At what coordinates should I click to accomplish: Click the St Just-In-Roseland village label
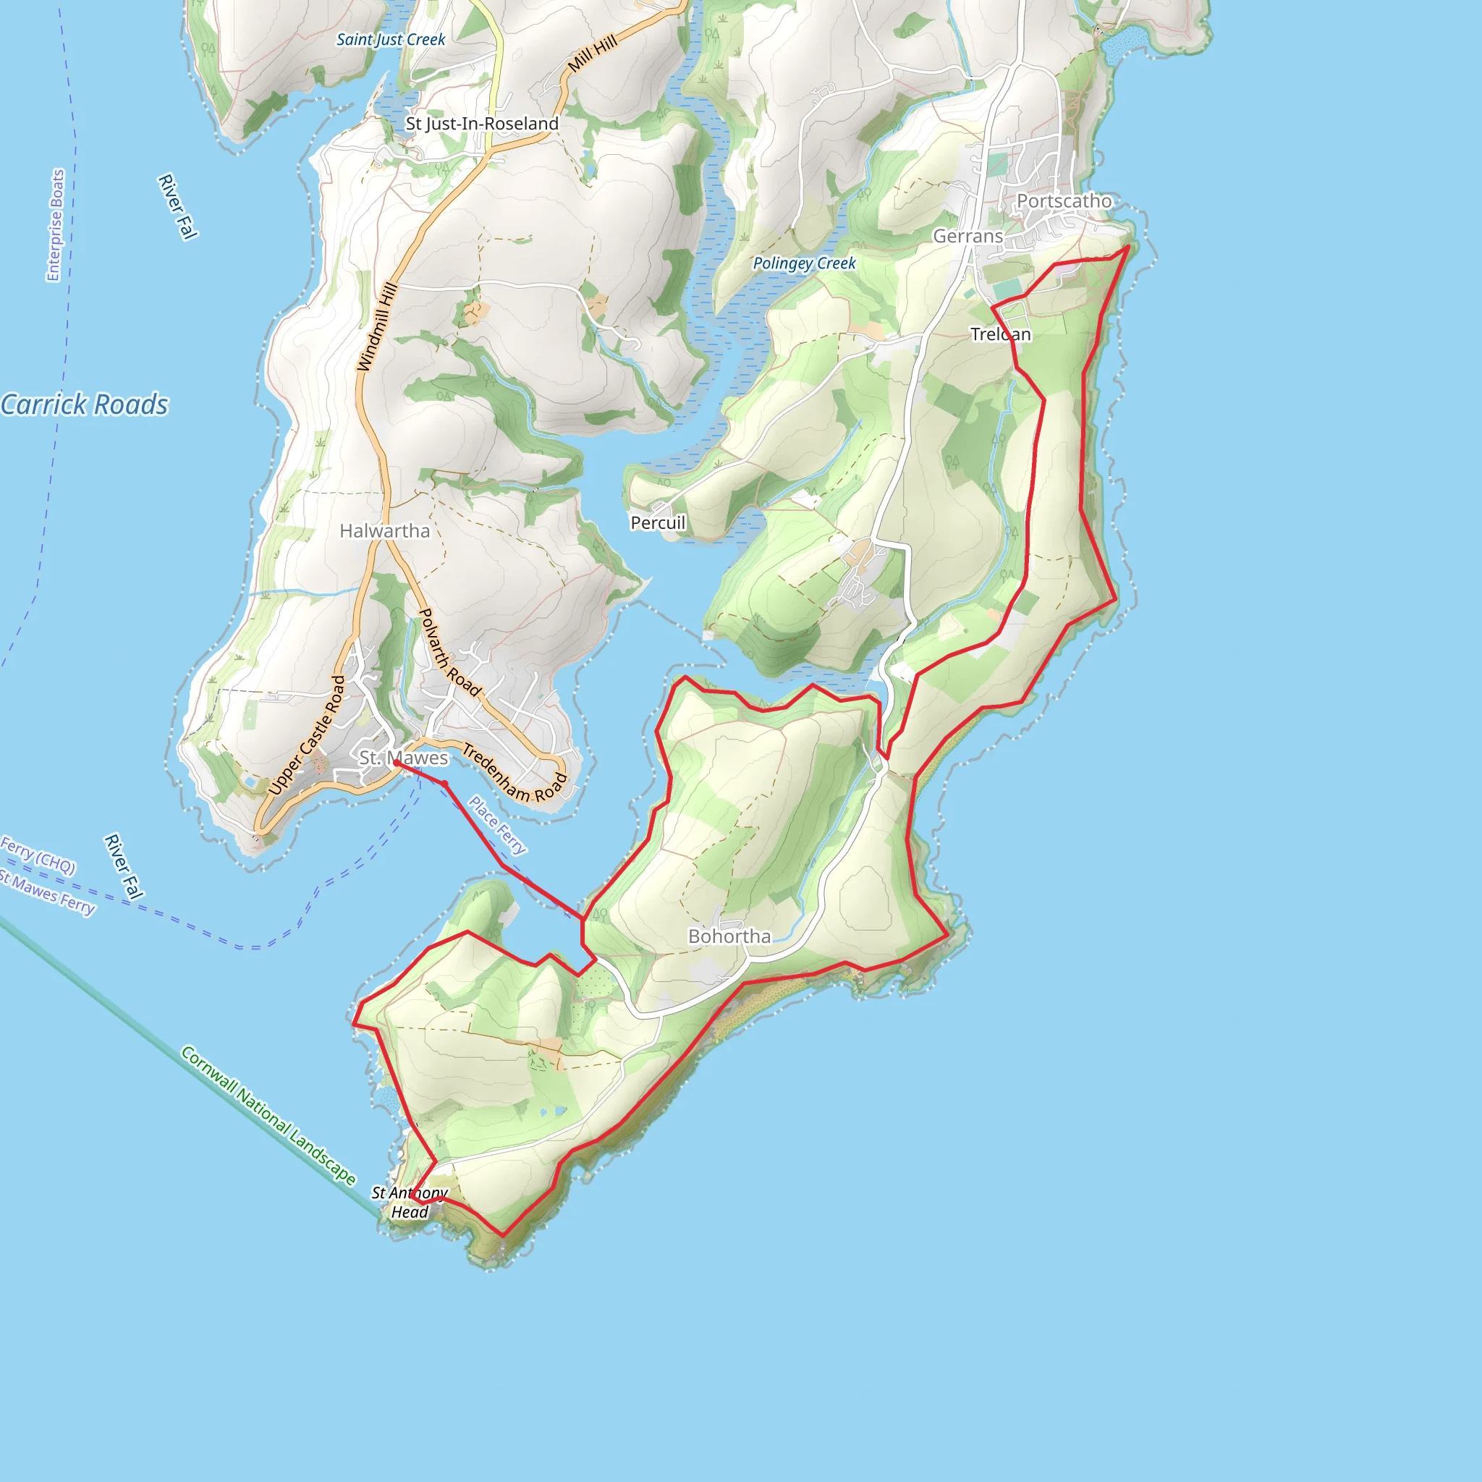[x=482, y=124]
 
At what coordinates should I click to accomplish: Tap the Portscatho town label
[x=1064, y=201]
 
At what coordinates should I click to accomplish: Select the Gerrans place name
[x=967, y=236]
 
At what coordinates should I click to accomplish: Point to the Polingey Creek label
[x=804, y=263]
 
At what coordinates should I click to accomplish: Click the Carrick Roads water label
[x=85, y=405]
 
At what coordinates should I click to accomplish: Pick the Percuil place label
[x=657, y=522]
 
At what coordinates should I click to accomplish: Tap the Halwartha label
[x=384, y=531]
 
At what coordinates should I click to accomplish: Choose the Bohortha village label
[x=729, y=936]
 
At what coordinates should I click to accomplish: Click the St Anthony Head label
[x=410, y=1202]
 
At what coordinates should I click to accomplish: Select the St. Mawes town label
[x=404, y=758]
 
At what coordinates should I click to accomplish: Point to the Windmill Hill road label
[x=378, y=327]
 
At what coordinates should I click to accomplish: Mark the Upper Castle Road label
[x=307, y=735]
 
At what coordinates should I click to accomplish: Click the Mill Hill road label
[x=592, y=54]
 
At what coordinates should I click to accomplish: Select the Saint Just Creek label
[x=391, y=40]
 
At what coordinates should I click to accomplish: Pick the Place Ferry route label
[x=498, y=826]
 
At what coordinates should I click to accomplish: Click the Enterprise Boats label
[x=55, y=226]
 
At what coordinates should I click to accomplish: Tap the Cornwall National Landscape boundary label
[x=268, y=1114]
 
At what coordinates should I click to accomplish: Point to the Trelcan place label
[x=1000, y=334]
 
